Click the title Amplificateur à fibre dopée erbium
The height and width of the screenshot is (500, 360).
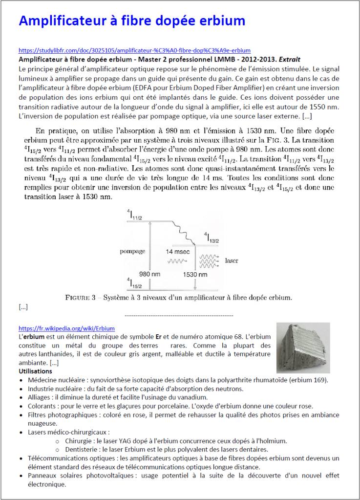pos(132,21)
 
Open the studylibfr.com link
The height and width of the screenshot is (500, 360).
pos(134,50)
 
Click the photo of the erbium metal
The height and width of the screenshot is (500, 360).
pos(303,348)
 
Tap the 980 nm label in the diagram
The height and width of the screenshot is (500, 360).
pos(150,274)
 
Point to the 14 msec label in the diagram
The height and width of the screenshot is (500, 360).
pos(177,251)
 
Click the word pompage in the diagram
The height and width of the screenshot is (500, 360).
pos(132,251)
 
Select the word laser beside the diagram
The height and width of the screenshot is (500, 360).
pos(232,261)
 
